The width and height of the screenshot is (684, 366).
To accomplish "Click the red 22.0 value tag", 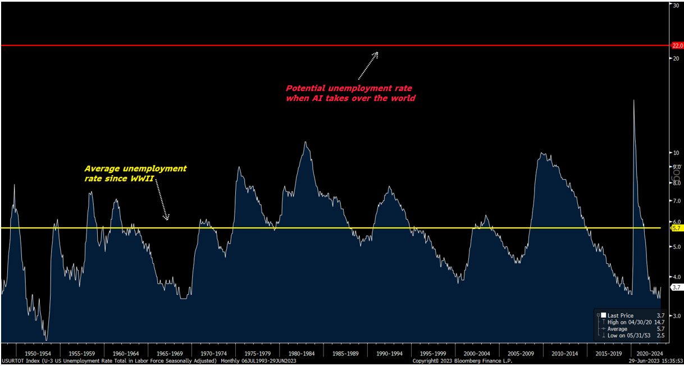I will tap(677, 45).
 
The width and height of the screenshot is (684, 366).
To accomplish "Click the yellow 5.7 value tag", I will tap(677, 228).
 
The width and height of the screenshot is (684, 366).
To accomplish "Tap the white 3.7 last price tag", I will tap(677, 287).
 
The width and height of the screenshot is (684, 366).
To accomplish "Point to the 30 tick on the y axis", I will tap(676, 5).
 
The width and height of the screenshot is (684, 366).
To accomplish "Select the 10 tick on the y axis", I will tap(676, 153).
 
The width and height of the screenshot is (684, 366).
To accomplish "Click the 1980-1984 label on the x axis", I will tap(302, 354).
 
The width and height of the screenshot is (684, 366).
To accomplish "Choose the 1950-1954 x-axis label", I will tap(39, 354).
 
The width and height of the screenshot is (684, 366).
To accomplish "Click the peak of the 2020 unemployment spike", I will tap(634, 100).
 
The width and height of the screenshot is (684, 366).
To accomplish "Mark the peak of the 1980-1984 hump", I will tap(305, 141).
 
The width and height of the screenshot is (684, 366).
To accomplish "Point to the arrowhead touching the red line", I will tap(376, 54).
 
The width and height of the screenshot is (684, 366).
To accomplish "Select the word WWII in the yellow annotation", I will tap(142, 178).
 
